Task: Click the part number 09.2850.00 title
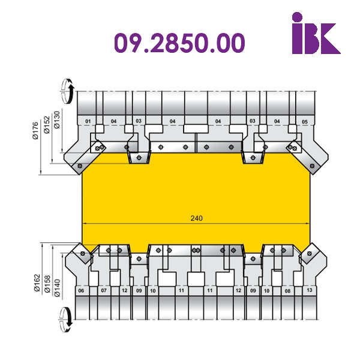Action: point(179,43)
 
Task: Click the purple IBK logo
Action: point(316,33)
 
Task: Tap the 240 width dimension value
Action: point(197,218)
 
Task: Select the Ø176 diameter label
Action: point(35,131)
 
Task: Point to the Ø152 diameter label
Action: point(47,125)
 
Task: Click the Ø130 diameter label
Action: point(57,119)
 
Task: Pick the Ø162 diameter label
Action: point(37,283)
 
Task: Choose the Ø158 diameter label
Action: point(47,284)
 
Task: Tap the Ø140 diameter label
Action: point(57,288)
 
